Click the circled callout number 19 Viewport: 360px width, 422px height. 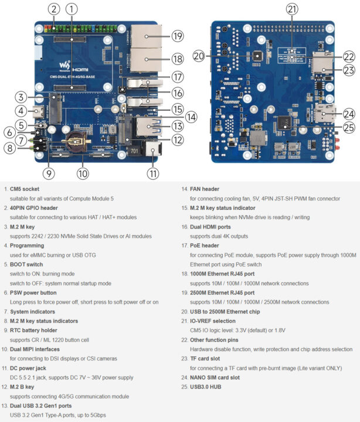pos(178,36)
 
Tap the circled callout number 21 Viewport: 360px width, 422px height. pos(292,9)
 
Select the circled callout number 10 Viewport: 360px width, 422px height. pos(83,173)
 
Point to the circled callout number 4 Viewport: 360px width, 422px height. pos(20,111)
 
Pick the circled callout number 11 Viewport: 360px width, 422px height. pos(153,173)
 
